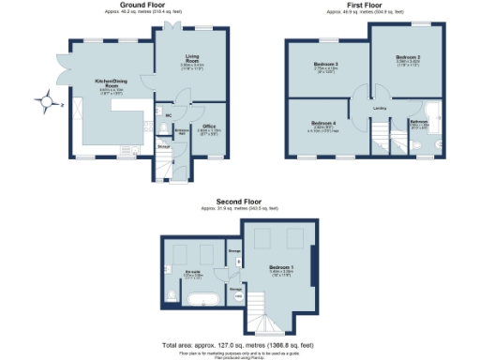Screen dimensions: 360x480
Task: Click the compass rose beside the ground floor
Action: tap(46, 101)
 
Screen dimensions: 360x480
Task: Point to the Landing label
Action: tap(380, 109)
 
